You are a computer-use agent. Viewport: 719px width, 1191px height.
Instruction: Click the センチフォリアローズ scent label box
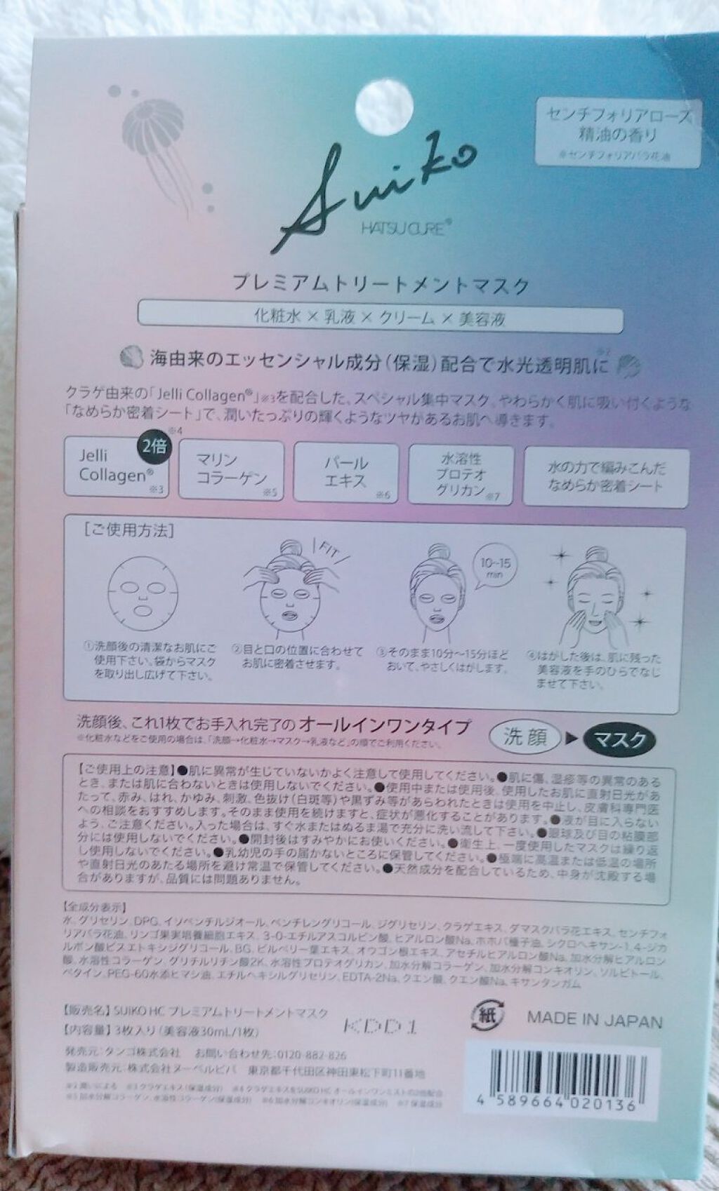[618, 130]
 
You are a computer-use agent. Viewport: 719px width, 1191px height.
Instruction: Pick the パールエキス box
[345, 471]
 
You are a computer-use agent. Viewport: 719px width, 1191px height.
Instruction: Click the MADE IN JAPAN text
[594, 1018]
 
